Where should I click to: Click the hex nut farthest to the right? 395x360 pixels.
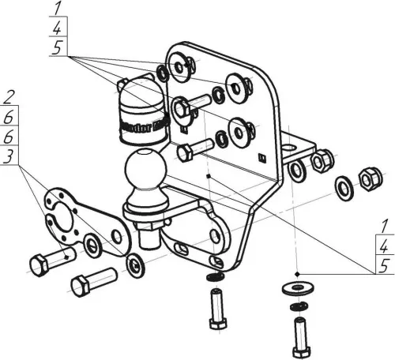(369, 180)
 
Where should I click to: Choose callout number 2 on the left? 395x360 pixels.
(9, 99)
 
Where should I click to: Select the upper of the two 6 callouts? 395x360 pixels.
(9, 118)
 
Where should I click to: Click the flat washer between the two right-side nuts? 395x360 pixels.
(344, 187)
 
